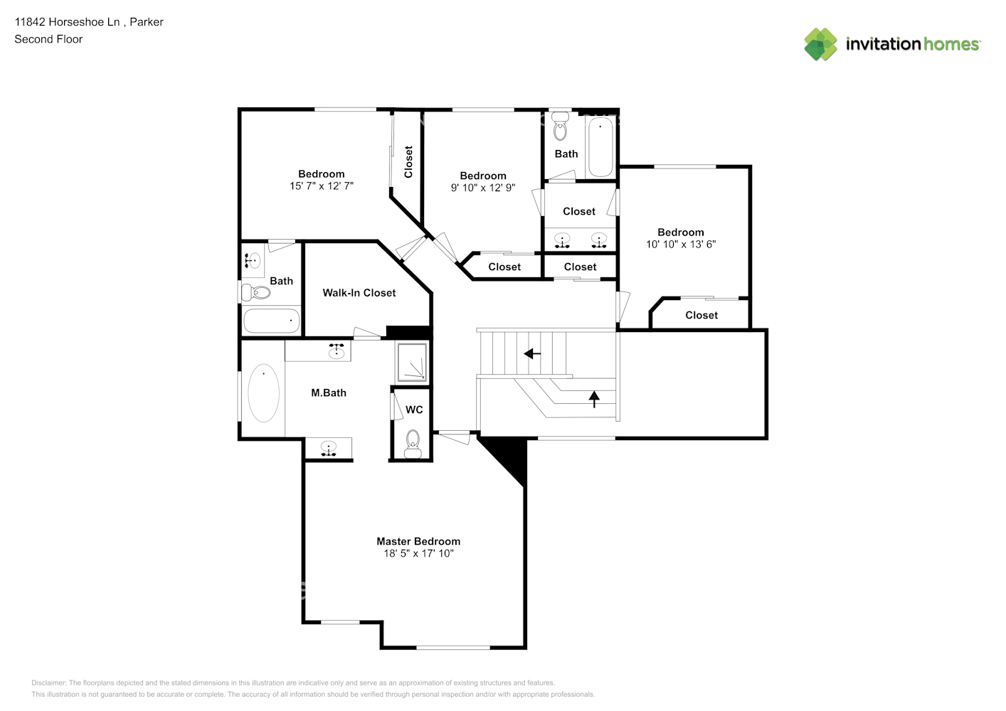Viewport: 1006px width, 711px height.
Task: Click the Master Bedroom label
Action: (418, 541)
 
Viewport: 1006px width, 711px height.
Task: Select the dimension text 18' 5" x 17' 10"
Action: (418, 553)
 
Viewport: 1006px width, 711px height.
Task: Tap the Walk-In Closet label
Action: (359, 293)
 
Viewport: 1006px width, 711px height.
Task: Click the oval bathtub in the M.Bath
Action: (263, 393)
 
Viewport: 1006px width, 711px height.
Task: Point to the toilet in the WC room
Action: (413, 444)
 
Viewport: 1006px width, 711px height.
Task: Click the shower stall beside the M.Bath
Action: (412, 363)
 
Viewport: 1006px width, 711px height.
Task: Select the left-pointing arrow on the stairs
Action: (532, 353)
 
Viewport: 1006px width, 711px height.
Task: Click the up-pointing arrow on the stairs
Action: (594, 398)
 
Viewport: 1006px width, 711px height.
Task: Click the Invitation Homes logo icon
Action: (820, 44)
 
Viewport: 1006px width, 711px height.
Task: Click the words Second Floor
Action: (48, 39)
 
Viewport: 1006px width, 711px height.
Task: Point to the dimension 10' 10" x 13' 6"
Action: (680, 244)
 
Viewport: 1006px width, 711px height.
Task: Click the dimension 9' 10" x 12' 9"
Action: (482, 188)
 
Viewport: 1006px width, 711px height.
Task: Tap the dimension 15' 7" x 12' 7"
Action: (321, 186)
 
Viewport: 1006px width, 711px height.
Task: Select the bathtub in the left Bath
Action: (271, 321)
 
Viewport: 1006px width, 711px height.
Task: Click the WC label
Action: (414, 410)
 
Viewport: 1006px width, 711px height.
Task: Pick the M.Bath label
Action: (328, 392)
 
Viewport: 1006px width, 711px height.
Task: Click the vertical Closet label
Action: (408, 161)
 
